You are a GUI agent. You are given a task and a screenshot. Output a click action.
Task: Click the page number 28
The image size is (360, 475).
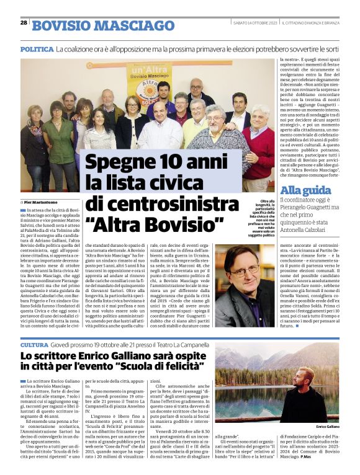click(23, 23)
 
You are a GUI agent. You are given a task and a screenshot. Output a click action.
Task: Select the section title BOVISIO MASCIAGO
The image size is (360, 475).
click(103, 25)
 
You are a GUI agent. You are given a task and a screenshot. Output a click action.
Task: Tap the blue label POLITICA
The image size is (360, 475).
click(37, 48)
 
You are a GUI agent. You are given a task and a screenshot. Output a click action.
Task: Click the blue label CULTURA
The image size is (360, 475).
click(35, 344)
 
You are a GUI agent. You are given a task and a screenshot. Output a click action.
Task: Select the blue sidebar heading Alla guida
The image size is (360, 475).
click(301, 190)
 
